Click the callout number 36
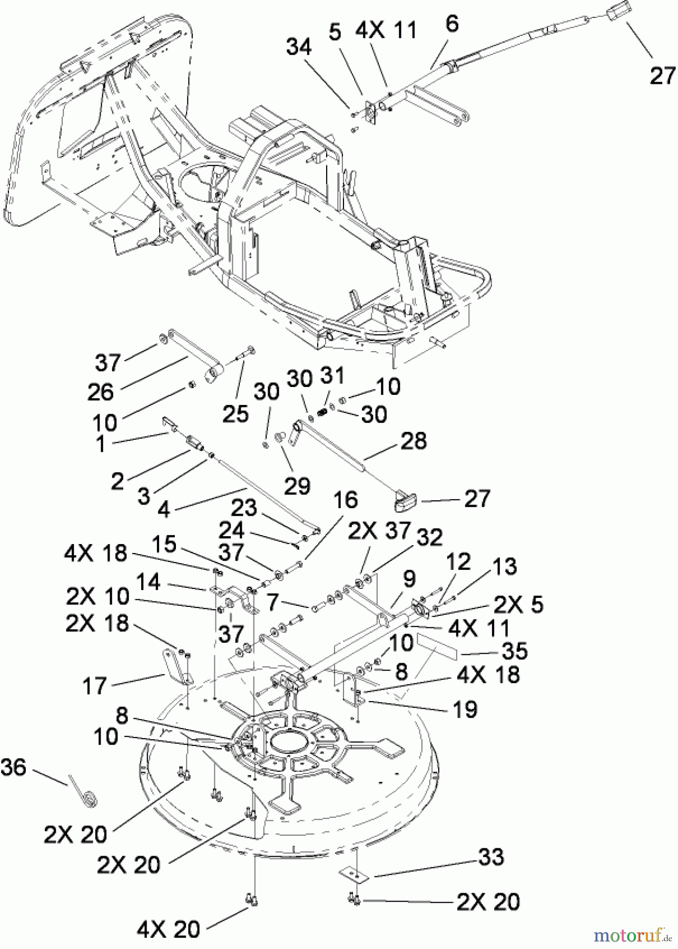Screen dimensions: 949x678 point(13,767)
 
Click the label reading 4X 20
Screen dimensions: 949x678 point(168,929)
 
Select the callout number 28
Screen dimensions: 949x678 point(414,441)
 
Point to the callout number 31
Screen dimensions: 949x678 point(333,376)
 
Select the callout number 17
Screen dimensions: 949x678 point(95,686)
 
